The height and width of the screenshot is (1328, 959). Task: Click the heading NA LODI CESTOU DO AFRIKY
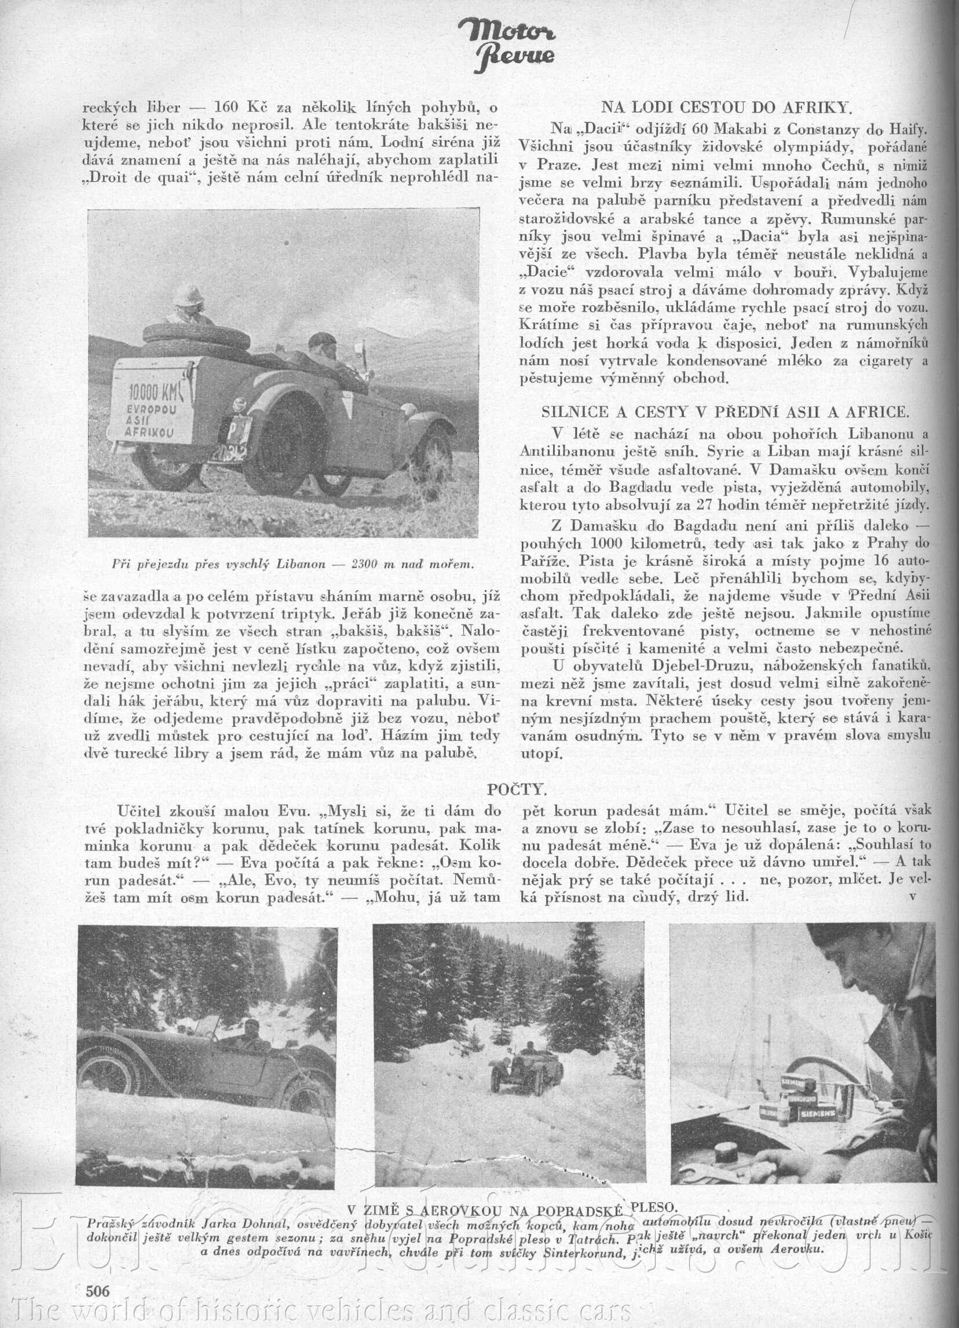(x=726, y=107)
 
